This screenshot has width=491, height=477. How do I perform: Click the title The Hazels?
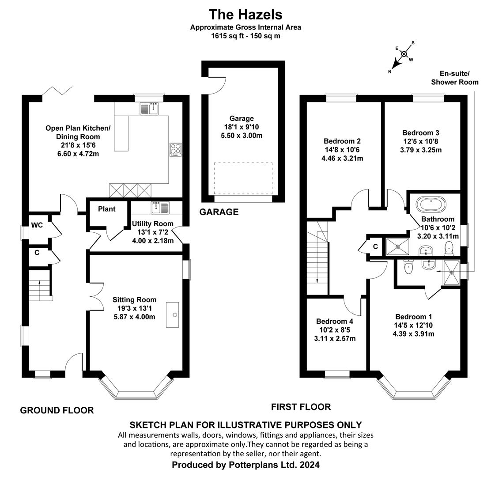click(x=245, y=15)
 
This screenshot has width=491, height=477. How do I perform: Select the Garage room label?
click(x=242, y=118)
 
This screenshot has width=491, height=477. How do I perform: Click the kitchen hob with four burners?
click(x=175, y=150)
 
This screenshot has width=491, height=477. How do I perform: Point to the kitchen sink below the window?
click(x=150, y=108)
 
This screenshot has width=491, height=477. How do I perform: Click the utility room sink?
click(x=160, y=208)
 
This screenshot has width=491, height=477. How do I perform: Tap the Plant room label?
click(x=107, y=209)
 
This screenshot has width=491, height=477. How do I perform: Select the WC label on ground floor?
click(x=37, y=225)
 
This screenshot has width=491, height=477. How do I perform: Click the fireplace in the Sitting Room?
click(x=172, y=315)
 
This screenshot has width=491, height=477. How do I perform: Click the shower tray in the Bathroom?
click(x=398, y=247)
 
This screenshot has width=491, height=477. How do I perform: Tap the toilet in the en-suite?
click(x=408, y=267)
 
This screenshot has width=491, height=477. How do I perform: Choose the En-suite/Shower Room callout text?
click(x=455, y=78)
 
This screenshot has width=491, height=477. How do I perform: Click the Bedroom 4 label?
click(x=334, y=321)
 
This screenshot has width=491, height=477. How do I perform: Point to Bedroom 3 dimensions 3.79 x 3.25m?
click(x=421, y=150)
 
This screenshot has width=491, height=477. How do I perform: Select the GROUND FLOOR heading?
click(x=57, y=410)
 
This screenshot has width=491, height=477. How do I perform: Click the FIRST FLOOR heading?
click(x=301, y=407)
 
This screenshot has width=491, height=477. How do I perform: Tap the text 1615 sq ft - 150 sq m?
click(x=245, y=36)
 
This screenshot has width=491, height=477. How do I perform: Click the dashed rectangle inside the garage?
click(x=243, y=179)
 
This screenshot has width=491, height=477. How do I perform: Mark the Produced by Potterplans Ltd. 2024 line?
click(x=246, y=465)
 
